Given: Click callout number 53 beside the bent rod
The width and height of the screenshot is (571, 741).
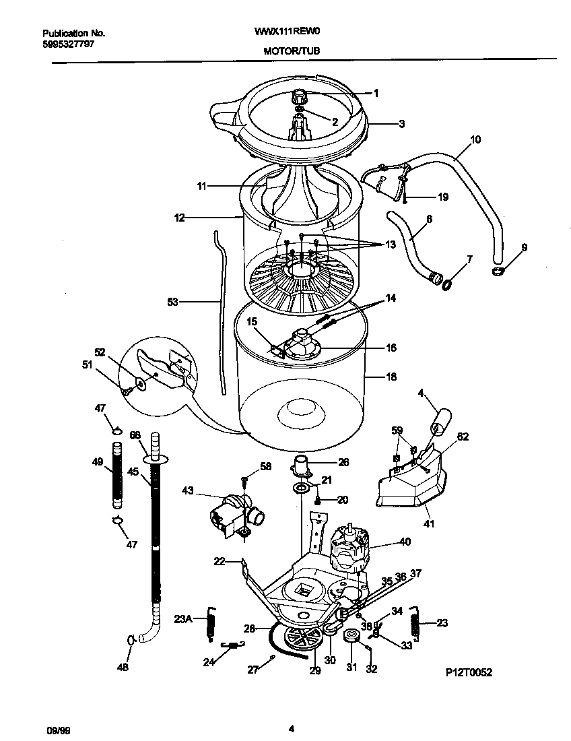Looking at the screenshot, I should pos(173,302).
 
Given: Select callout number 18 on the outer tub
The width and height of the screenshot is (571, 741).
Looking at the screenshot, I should pos(390,377).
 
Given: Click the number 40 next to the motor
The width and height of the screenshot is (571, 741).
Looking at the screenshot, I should pos(404,542).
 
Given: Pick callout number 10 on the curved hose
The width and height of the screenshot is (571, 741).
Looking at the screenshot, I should pos(475,140).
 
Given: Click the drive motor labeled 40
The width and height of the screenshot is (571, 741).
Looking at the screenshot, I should pos(351,545).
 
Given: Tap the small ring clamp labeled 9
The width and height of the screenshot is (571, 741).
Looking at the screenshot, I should pos(498,271).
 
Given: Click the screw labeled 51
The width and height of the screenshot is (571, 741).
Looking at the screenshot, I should pos(125,390).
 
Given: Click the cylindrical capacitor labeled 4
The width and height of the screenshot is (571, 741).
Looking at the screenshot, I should pos(439,422).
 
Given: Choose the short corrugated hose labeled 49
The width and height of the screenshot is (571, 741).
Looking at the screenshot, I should pos(117,474).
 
